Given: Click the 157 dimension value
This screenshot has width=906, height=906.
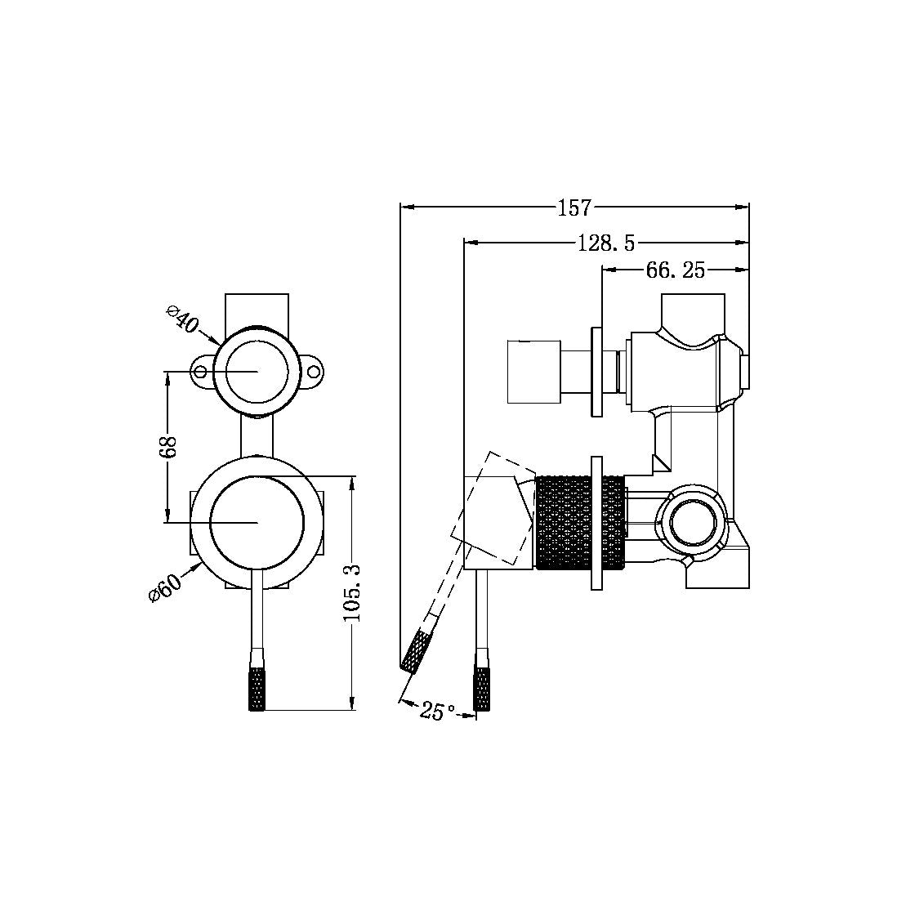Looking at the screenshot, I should pyautogui.click(x=574, y=208).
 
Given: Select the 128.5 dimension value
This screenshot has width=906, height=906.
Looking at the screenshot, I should pyautogui.click(x=606, y=242).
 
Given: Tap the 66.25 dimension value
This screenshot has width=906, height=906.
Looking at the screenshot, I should pyautogui.click(x=675, y=270).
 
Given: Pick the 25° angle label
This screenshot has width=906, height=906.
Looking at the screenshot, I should pyautogui.click(x=438, y=712).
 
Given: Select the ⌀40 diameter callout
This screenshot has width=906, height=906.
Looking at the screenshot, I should pyautogui.click(x=182, y=319).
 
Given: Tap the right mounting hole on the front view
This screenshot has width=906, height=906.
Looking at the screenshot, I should pyautogui.click(x=314, y=372).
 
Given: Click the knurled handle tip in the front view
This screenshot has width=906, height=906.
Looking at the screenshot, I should pyautogui.click(x=257, y=690).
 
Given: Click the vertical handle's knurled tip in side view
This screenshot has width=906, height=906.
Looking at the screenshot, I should pyautogui.click(x=483, y=690).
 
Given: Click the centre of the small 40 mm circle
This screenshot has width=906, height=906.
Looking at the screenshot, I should pyautogui.click(x=257, y=371).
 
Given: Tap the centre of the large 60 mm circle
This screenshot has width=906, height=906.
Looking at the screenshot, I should pyautogui.click(x=257, y=521).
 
